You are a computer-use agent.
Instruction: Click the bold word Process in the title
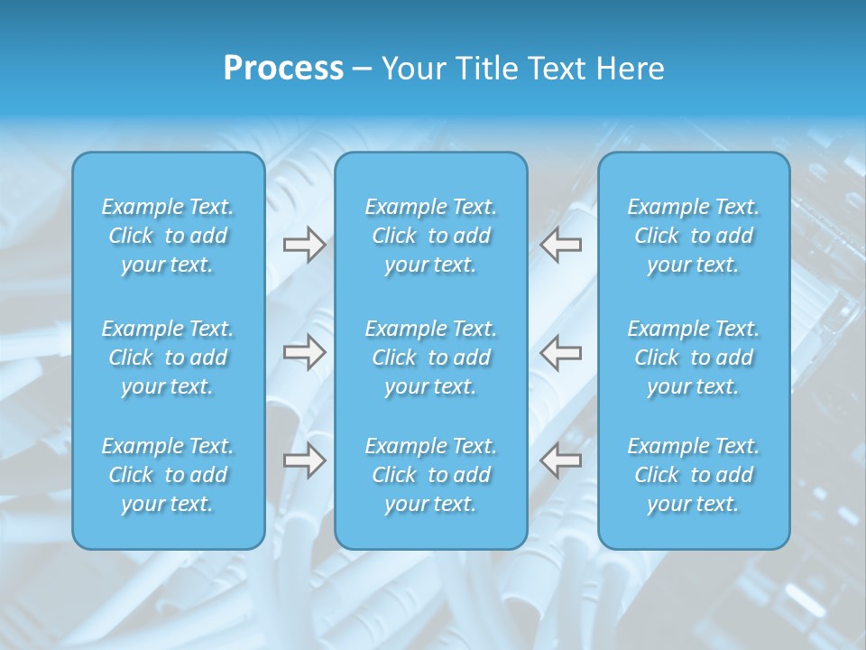[283, 69]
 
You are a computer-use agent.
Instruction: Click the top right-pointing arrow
[304, 245]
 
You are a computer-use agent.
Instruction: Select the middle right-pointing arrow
[304, 352]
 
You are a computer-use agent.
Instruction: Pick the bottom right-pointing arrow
[304, 460]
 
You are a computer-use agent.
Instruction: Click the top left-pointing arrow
[561, 245]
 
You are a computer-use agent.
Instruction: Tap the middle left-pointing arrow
[561, 352]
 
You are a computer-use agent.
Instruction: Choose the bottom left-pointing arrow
[561, 460]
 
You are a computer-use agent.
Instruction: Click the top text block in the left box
[168, 236]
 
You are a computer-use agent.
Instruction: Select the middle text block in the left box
[168, 357]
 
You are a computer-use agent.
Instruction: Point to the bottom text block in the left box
[168, 475]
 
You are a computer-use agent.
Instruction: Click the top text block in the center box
[431, 236]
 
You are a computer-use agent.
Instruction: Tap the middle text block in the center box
[431, 357]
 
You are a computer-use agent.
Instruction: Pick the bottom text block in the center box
[431, 475]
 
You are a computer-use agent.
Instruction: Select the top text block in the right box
[694, 236]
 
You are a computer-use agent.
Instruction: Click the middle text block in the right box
[694, 357]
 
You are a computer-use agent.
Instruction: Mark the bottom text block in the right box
[694, 475]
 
